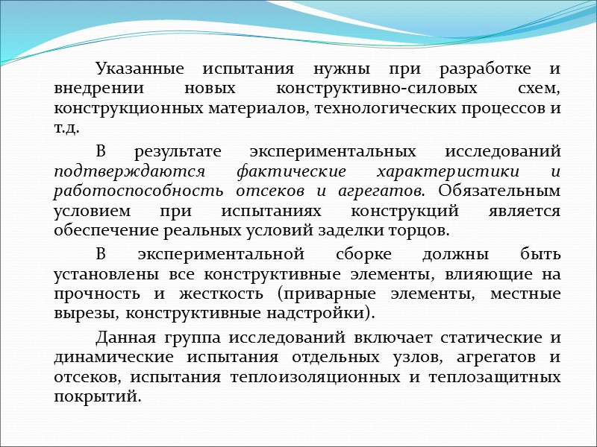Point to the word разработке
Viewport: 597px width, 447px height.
[481, 70]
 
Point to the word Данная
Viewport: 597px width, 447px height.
[121, 337]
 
